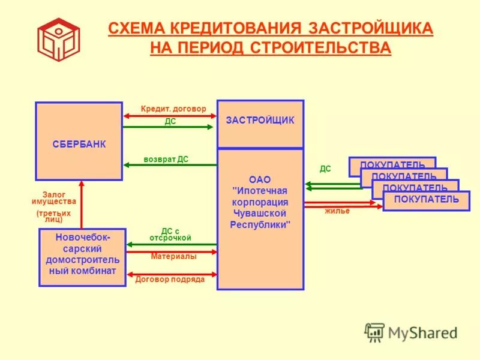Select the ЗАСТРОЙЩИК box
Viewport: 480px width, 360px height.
[x=260, y=124]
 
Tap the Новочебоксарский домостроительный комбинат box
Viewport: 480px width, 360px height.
[x=82, y=257]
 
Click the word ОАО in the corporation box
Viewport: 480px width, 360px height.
[x=260, y=179]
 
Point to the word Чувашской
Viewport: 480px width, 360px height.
[x=260, y=213]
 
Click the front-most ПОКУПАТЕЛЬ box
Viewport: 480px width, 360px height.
[x=426, y=200]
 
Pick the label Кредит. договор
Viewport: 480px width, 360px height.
[x=173, y=109]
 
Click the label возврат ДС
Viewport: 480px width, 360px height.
[x=166, y=159]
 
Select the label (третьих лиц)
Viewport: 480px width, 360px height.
[x=53, y=216]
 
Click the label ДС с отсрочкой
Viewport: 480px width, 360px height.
[x=170, y=235]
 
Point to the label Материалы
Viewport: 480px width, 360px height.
[x=173, y=256]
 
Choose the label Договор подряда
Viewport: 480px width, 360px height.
[x=170, y=279]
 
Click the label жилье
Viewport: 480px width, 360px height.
[x=337, y=211]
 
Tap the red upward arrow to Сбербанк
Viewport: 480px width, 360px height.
[x=81, y=204]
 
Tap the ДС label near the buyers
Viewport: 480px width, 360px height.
[x=325, y=169]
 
